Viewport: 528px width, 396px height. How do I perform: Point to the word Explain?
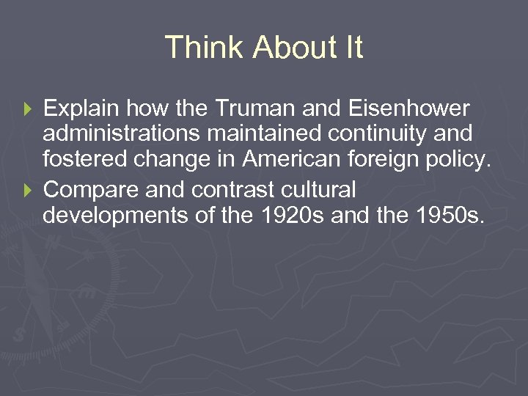click(83, 109)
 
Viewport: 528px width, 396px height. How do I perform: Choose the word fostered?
click(85, 163)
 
